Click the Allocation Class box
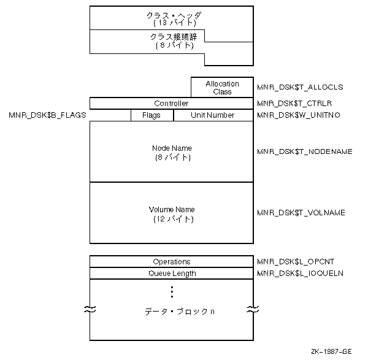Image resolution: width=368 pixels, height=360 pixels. pos(222,87)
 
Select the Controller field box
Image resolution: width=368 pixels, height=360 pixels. pos(171,103)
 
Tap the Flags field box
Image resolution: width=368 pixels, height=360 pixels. pos(151,115)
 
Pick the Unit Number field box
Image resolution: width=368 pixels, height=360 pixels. pos(213,115)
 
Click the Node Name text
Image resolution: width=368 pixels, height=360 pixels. pos(171,148)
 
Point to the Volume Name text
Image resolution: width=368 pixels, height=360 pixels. pos(171,209)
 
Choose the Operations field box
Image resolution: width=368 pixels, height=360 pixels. pos(171,261)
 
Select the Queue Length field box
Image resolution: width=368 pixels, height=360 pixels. pos(171,274)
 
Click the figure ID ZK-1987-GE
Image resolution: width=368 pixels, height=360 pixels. pos(331,351)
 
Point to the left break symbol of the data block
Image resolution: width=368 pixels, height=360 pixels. pos(90,310)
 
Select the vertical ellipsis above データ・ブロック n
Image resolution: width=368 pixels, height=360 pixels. pos(172,291)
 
